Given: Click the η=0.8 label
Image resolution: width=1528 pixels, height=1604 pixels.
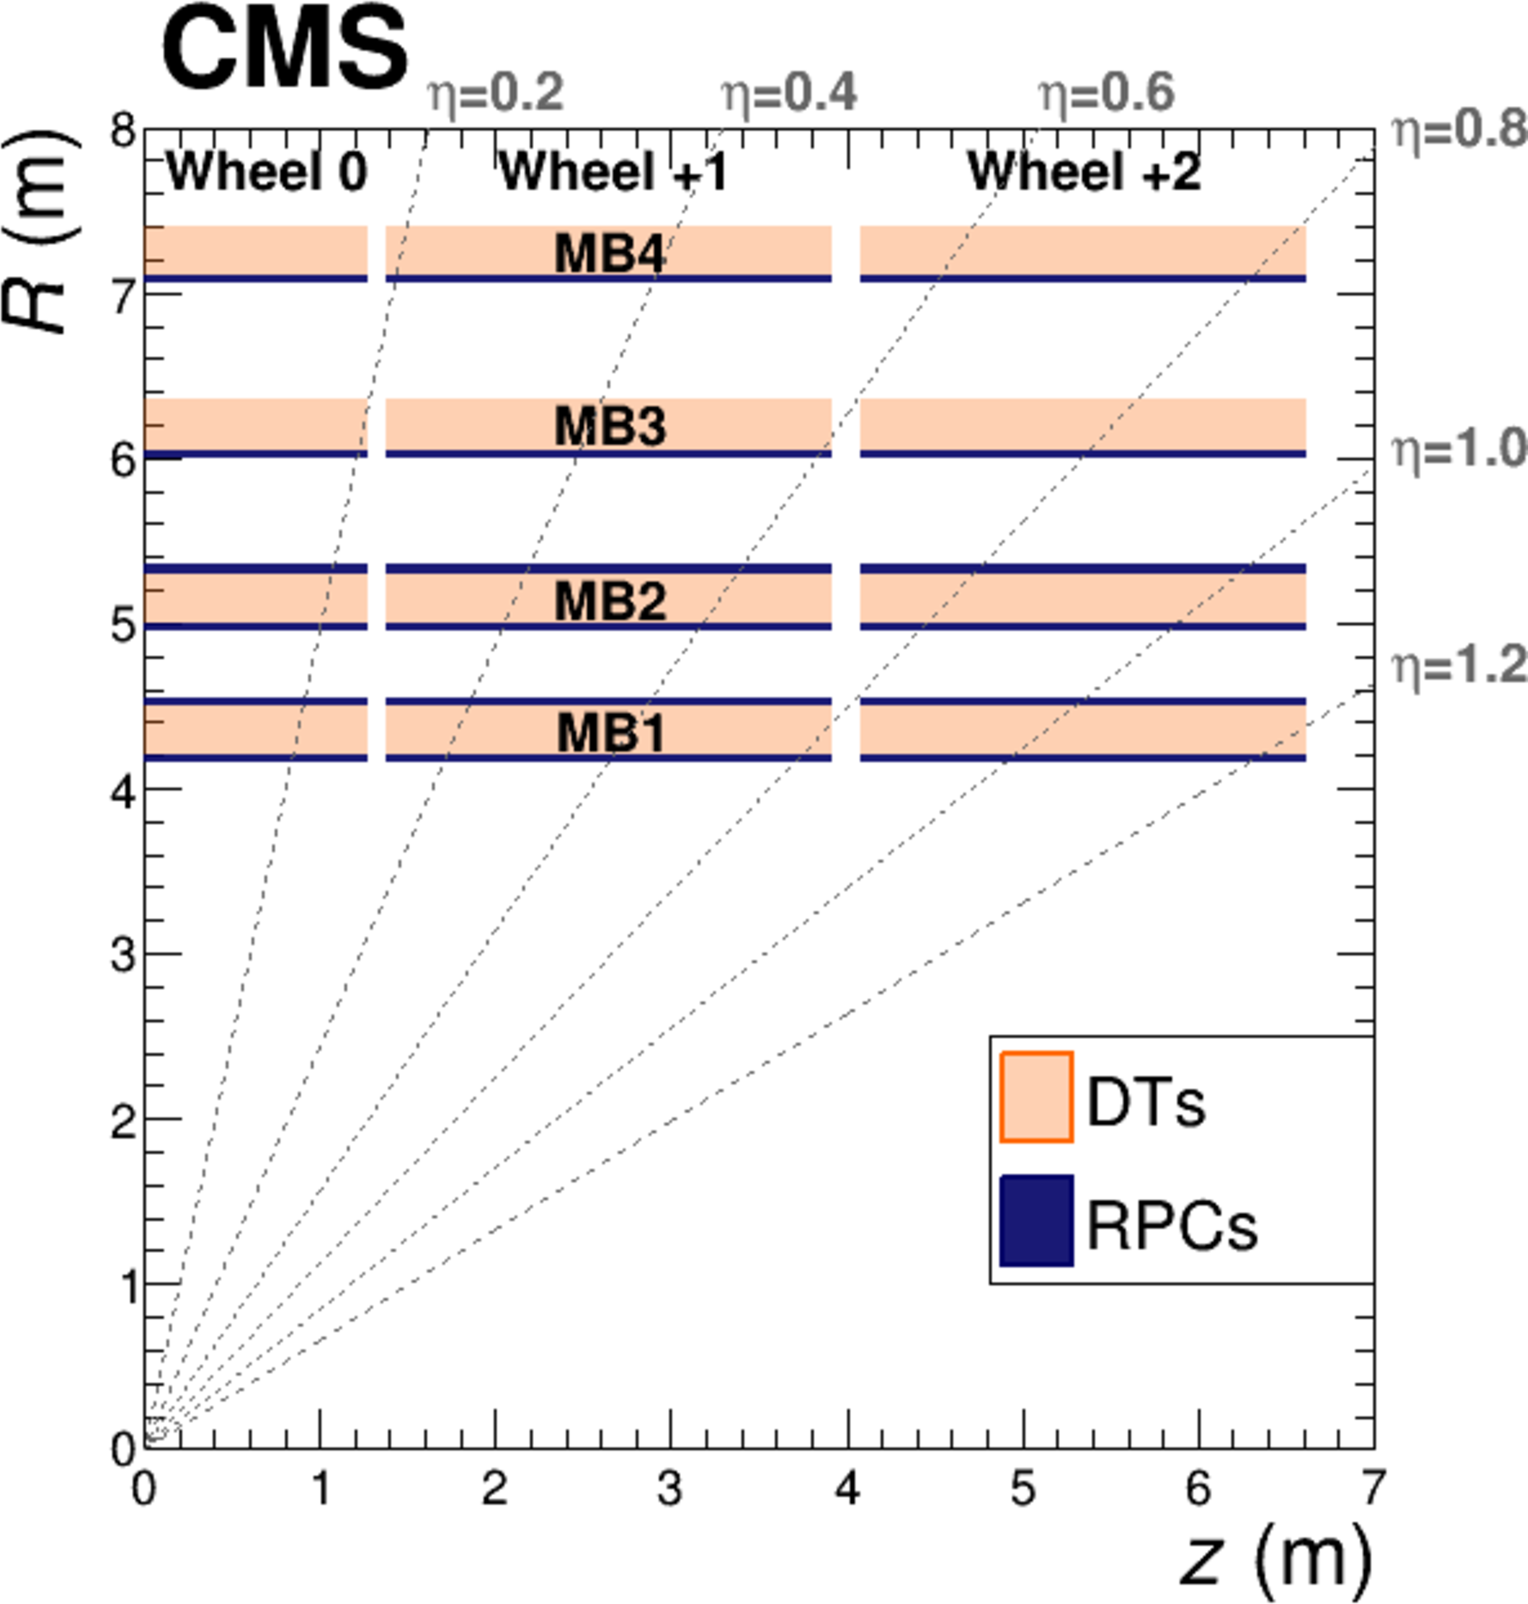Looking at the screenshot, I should pyautogui.click(x=1458, y=130).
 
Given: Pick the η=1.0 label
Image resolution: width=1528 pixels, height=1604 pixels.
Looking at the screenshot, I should pyautogui.click(x=1458, y=450).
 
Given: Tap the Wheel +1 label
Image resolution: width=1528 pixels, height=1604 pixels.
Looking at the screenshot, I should pyautogui.click(x=613, y=173).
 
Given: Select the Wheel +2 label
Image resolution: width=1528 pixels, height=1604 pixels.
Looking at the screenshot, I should pyautogui.click(x=1084, y=173).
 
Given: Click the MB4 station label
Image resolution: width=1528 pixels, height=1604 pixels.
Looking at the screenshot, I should pyautogui.click(x=609, y=253).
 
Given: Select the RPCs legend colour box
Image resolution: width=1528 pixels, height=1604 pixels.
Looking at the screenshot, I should pyautogui.click(x=1036, y=1220).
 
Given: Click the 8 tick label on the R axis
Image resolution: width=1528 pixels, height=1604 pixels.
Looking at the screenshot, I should pyautogui.click(x=124, y=130).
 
